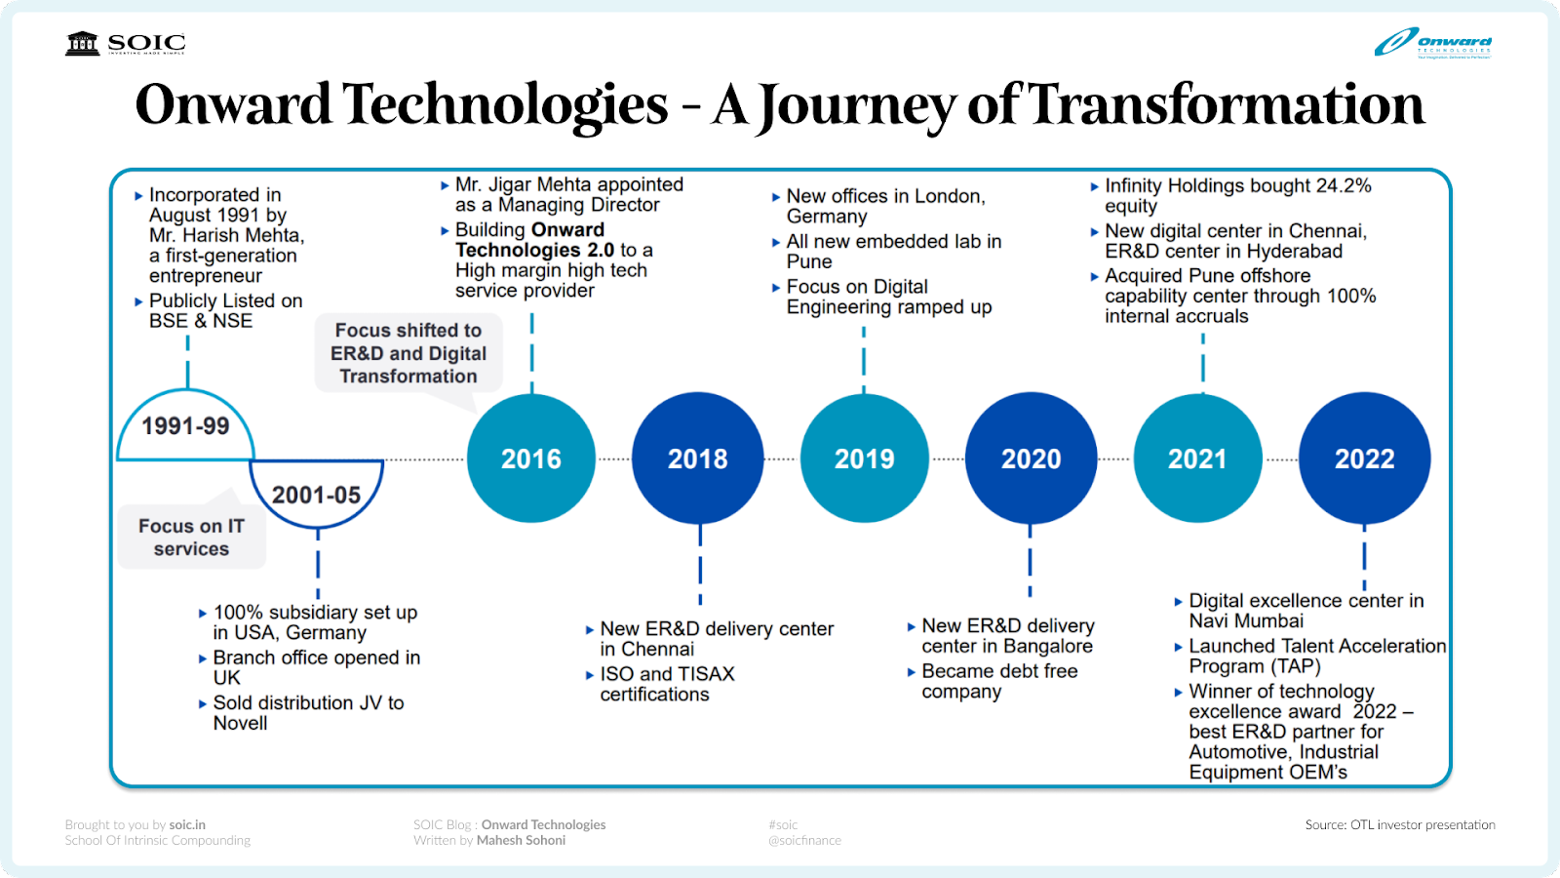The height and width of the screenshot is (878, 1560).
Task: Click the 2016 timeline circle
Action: point(531,459)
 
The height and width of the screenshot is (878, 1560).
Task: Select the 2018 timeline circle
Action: point(698,459)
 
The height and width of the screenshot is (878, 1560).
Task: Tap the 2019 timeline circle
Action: point(865,459)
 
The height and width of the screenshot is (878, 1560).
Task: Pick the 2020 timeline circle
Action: point(1032,459)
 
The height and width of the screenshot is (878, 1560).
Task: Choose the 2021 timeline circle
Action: point(1198,459)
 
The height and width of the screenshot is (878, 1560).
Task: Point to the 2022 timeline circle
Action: point(1365,459)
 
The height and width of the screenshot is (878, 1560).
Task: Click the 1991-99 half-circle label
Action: point(185,427)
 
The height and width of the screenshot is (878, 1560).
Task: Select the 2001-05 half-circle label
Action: point(317,495)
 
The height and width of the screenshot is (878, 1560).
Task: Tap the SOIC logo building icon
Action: point(83,43)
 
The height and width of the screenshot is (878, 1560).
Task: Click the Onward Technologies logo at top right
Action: point(1433,43)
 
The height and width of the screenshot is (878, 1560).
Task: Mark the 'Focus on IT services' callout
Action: point(191,538)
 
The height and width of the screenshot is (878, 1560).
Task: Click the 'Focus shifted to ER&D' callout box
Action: point(409,353)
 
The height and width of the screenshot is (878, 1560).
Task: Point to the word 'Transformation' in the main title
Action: point(1227,104)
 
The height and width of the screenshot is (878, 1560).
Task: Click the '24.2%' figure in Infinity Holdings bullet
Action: point(1343,185)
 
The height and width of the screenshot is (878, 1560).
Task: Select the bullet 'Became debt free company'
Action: point(998,681)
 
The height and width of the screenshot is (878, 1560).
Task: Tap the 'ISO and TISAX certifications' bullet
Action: point(666,684)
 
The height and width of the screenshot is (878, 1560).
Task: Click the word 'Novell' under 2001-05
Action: point(240,723)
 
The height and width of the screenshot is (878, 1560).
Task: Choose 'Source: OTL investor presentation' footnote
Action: point(1400,824)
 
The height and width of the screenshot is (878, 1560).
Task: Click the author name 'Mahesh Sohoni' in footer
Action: point(521,840)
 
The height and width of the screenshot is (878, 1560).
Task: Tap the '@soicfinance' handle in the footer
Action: point(804,840)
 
